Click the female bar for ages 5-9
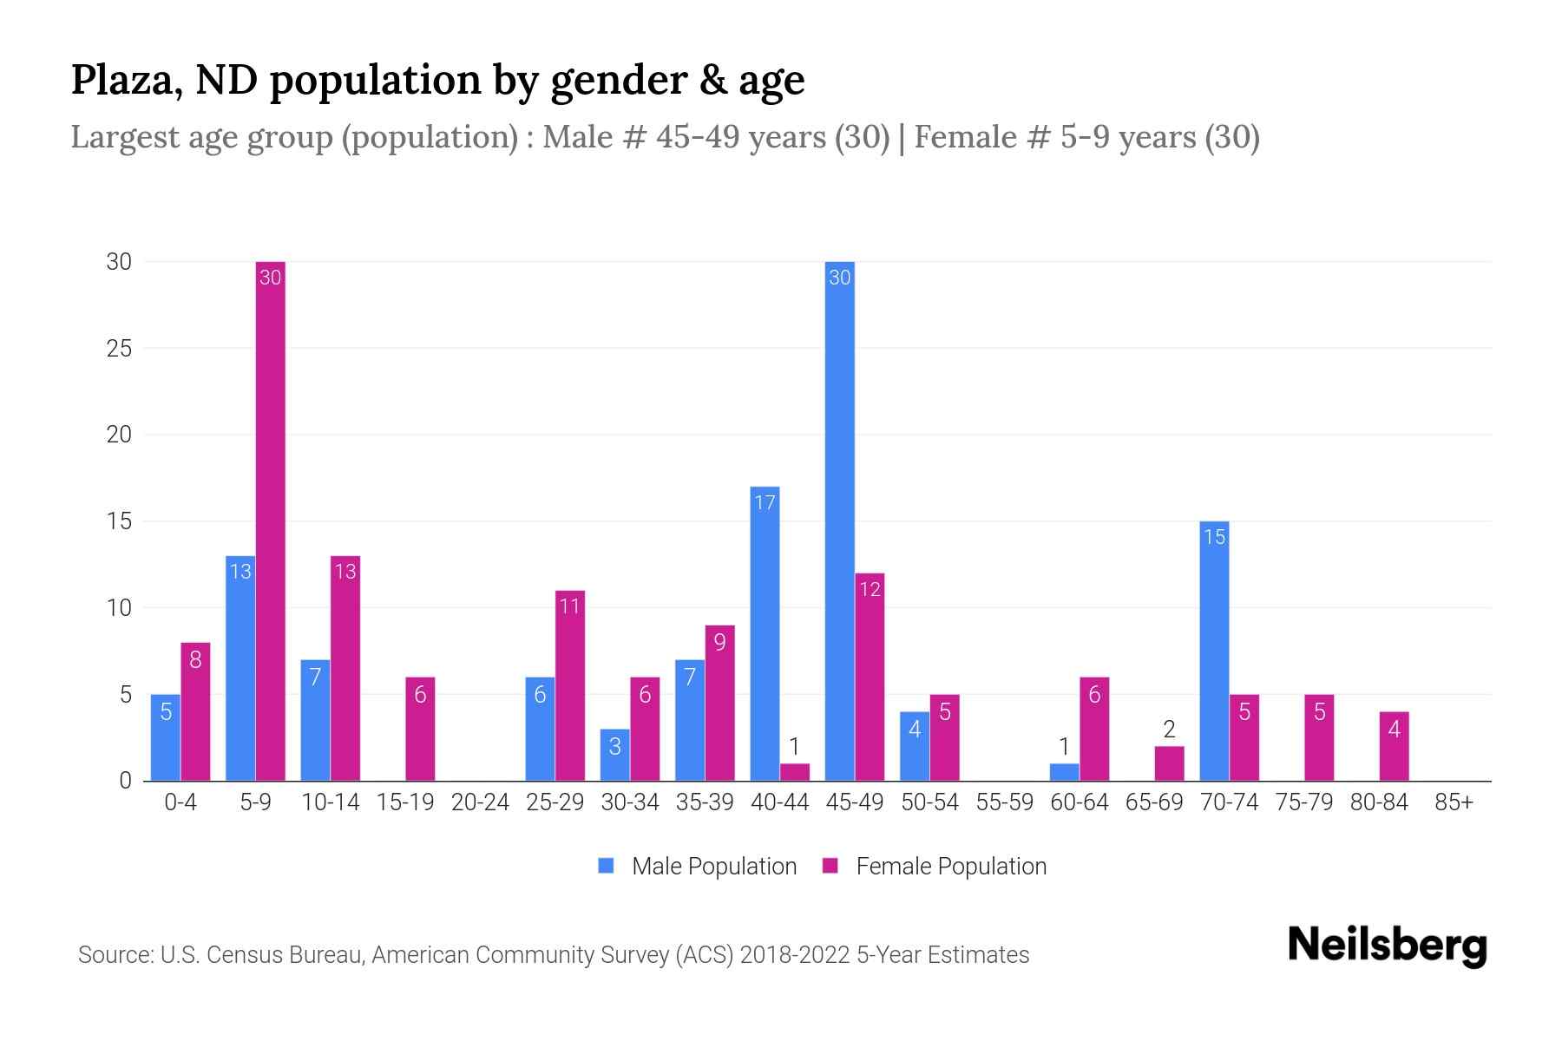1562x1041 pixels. point(271,520)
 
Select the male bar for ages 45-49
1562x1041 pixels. point(840,520)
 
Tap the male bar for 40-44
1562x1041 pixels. point(765,633)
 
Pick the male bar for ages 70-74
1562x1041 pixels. point(1214,651)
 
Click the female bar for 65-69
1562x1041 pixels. point(1169,763)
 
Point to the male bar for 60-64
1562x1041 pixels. point(1064,772)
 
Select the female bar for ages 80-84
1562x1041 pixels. point(1394,746)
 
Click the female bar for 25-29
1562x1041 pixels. point(570,685)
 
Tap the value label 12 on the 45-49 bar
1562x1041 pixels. point(870,590)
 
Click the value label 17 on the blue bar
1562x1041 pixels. point(765,502)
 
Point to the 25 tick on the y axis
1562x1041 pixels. point(119,349)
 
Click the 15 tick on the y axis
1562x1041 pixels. point(119,521)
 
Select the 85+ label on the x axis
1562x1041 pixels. point(1454,802)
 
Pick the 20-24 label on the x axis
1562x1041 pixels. point(480,802)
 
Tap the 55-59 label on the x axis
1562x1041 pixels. point(1004,802)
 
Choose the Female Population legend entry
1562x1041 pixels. point(935,866)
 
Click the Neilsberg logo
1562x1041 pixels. point(1387,946)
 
